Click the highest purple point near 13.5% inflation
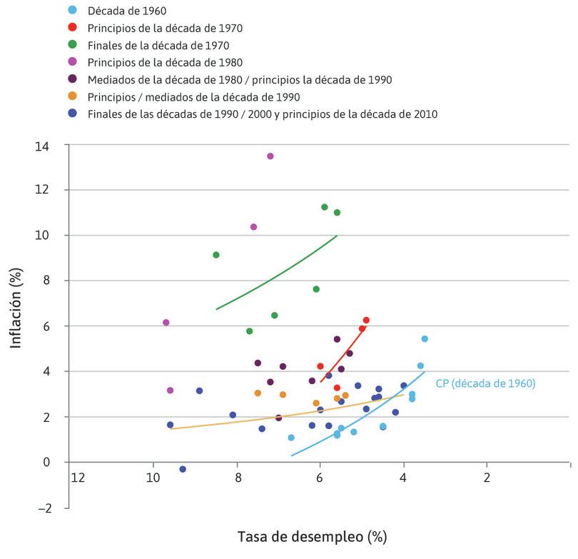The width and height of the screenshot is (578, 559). click(270, 156)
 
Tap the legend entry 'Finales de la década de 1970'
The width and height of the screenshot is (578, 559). click(158, 45)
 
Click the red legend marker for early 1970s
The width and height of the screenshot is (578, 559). click(72, 28)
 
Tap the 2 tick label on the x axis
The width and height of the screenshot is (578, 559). click(487, 478)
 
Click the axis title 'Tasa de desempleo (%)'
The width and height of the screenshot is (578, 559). click(313, 535)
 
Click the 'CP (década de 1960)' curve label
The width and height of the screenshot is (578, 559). click(485, 383)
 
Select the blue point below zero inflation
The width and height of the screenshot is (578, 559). click(183, 469)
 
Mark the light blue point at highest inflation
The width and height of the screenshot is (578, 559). click(425, 338)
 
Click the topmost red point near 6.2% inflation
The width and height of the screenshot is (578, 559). click(366, 321)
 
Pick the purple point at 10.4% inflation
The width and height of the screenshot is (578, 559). click(253, 227)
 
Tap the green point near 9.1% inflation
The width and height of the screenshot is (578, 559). click(216, 255)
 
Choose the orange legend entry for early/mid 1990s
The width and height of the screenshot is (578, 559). click(193, 96)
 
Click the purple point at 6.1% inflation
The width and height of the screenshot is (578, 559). click(166, 323)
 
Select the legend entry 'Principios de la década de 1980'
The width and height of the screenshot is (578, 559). click(166, 62)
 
